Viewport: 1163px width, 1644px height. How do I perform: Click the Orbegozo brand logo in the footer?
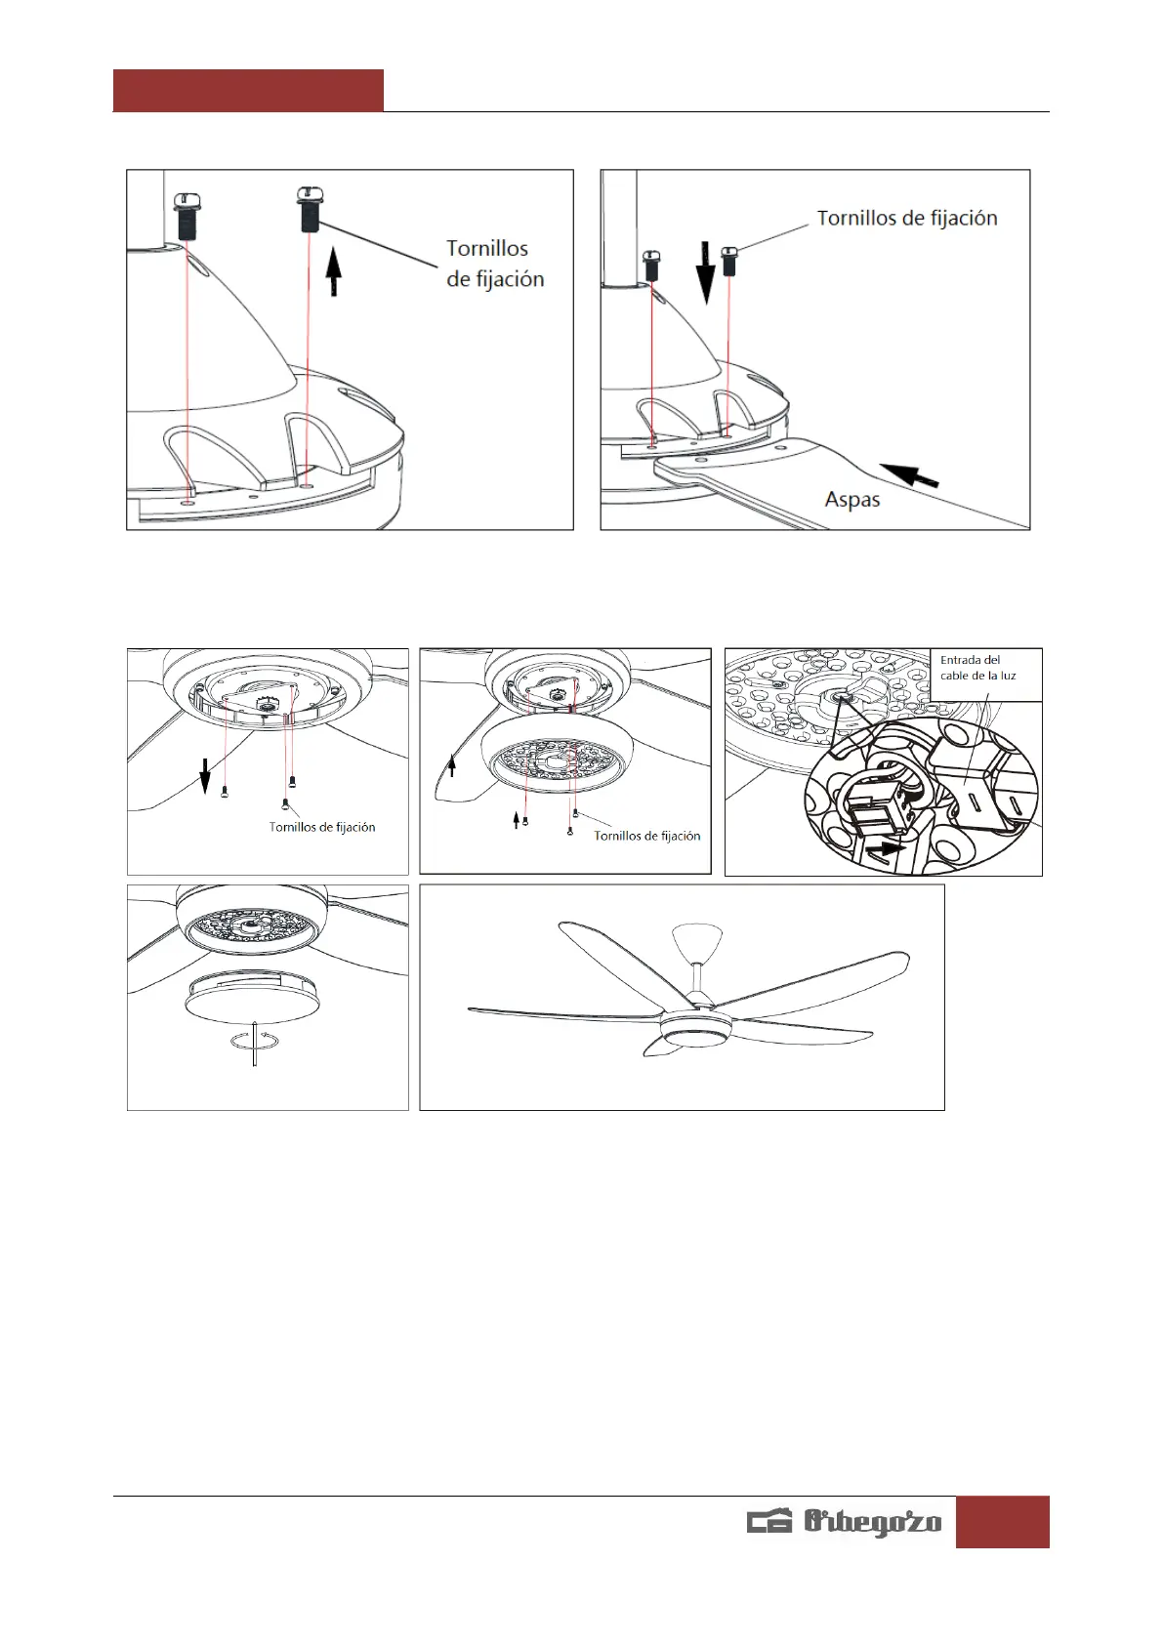click(845, 1522)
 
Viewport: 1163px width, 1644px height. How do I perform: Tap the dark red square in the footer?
click(1002, 1521)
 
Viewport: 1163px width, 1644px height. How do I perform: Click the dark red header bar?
click(248, 90)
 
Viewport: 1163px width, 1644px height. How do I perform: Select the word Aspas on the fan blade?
click(851, 500)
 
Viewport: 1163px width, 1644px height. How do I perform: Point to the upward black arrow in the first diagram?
click(334, 271)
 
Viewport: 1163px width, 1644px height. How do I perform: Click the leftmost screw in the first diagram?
click(187, 216)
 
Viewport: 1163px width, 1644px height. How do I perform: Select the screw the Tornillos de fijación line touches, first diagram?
click(309, 210)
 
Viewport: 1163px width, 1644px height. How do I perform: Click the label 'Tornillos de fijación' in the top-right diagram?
click(906, 218)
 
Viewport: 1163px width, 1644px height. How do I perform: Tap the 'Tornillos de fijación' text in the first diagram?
click(494, 264)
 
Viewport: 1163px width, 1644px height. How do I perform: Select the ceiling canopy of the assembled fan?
click(697, 940)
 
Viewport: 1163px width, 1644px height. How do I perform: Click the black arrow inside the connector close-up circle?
click(885, 848)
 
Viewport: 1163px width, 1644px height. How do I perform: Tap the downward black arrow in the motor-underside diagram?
click(205, 778)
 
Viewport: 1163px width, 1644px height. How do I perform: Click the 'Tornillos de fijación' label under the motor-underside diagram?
click(322, 827)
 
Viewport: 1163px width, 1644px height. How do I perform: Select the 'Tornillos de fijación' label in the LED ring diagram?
click(646, 836)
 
